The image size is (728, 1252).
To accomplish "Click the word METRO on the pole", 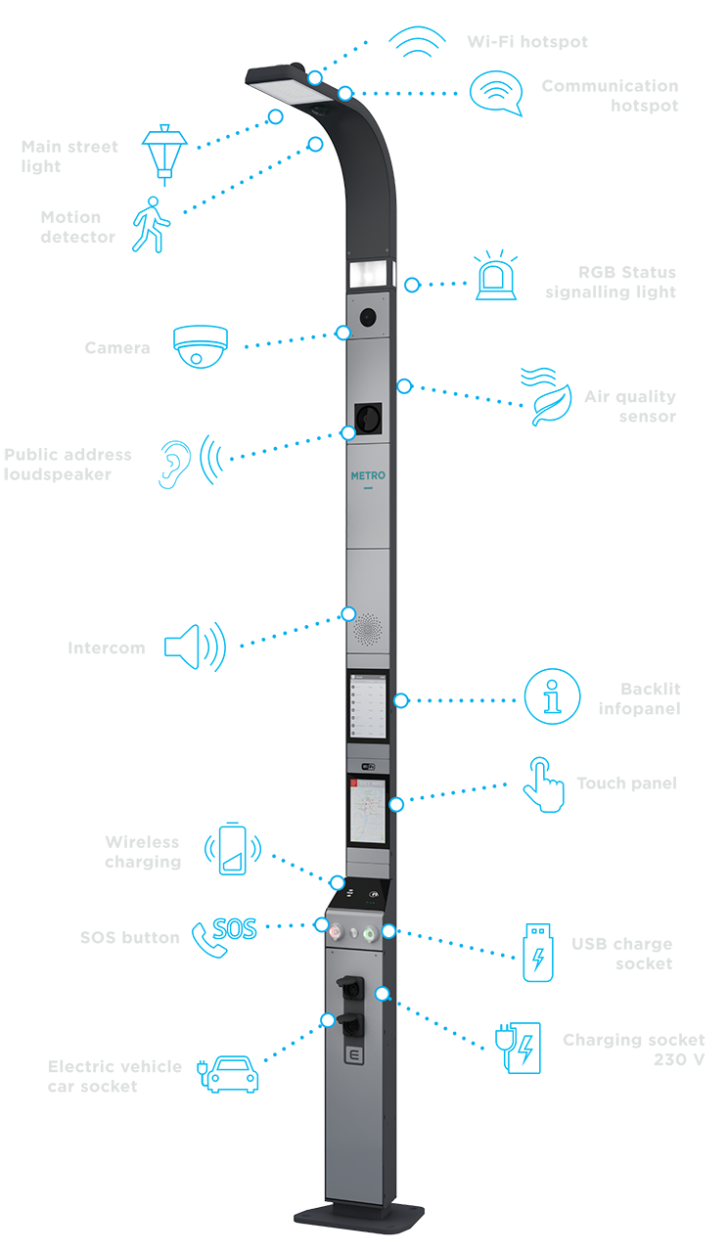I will [368, 476].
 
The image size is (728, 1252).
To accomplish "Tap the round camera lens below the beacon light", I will [368, 316].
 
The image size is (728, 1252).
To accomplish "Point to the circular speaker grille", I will [368, 629].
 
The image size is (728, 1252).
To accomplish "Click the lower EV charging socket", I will [349, 1024].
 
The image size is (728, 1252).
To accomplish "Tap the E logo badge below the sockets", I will [355, 1057].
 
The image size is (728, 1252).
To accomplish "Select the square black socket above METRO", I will [368, 418].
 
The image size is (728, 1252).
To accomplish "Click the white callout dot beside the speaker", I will [347, 614].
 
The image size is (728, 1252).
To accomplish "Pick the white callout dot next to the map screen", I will [395, 805].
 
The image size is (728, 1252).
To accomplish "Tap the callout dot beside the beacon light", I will [412, 286].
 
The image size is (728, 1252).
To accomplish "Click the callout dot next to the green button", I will [388, 931].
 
